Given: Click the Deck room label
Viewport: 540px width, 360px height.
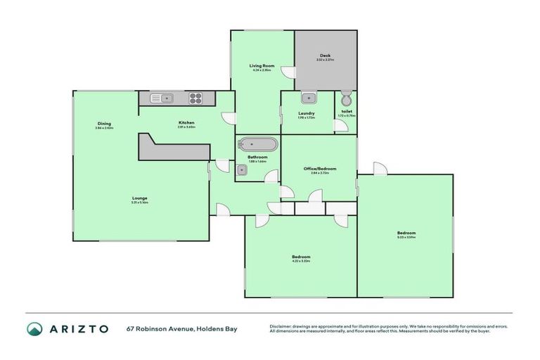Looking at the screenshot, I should tap(325, 56).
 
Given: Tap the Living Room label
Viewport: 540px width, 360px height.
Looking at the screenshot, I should tap(262, 65).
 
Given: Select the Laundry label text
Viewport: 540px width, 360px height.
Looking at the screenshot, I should tap(306, 113).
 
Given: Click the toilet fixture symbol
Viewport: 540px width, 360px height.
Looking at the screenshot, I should tap(345, 98).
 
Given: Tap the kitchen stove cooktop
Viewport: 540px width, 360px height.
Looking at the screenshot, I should tap(195, 98).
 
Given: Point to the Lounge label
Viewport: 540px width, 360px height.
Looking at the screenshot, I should tap(139, 198).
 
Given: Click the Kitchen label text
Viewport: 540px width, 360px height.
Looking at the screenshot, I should tap(186, 123).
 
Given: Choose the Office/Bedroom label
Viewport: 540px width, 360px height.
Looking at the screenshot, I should tap(319, 169).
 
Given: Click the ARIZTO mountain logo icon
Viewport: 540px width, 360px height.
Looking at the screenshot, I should tap(34, 328).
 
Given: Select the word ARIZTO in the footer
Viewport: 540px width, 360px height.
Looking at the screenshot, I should tap(79, 328).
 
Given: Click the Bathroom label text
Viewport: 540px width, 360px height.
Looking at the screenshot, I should tap(257, 158).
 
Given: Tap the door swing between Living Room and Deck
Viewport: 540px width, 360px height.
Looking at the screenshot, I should tap(287, 71).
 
